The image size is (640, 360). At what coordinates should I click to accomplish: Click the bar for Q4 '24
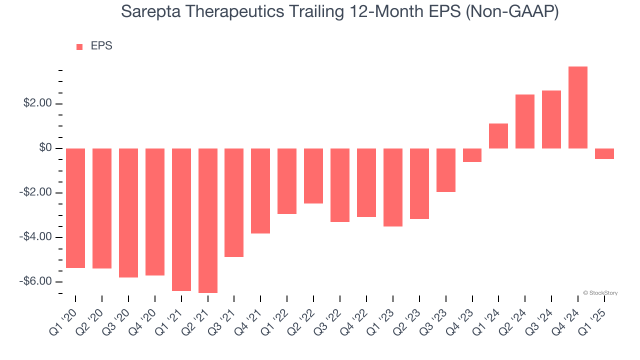click(578, 107)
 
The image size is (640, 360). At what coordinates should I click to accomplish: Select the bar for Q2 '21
click(208, 220)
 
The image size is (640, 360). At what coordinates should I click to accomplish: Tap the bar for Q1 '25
click(604, 154)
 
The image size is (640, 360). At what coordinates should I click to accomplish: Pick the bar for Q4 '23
click(472, 155)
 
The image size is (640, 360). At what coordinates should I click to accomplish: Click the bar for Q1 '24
click(498, 136)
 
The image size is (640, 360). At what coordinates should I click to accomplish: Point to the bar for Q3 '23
click(446, 170)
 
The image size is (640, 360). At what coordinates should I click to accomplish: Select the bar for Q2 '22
click(313, 176)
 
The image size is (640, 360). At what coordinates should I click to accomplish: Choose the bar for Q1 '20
click(75, 208)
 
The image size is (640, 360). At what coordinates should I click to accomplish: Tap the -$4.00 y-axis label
click(35, 237)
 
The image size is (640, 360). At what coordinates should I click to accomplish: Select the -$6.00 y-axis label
click(35, 281)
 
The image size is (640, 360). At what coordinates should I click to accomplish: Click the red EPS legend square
click(79, 47)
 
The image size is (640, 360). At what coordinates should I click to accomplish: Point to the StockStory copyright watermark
click(600, 293)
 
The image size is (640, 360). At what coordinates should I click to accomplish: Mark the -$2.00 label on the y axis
click(35, 193)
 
